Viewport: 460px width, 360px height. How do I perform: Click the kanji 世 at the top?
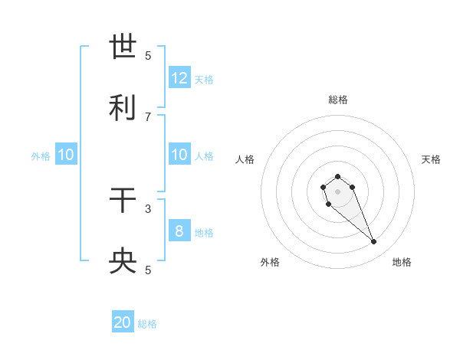tap(123, 47)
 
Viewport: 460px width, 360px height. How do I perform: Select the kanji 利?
tap(123, 108)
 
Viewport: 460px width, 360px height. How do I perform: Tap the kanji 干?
tap(123, 201)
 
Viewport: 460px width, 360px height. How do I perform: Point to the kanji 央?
tap(123, 262)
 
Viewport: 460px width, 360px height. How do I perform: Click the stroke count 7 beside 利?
tap(148, 116)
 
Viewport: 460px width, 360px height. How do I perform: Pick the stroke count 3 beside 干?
tap(148, 208)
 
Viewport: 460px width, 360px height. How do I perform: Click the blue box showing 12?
tap(179, 78)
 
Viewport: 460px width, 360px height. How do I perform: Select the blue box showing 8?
tap(179, 231)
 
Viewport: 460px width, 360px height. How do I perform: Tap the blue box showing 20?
tap(123, 323)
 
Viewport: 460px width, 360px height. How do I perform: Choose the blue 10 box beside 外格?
tap(66, 155)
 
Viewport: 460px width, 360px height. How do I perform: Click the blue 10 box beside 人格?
tap(179, 155)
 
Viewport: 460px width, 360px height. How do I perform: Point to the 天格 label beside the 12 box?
tap(204, 79)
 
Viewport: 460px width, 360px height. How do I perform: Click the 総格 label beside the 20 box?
tap(147, 324)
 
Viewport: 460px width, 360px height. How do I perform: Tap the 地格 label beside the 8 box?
tap(204, 232)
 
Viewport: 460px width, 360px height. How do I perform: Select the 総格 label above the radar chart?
tap(337, 100)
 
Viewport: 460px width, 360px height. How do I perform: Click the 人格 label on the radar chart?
tap(245, 159)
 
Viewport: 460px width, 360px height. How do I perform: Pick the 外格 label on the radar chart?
tap(270, 262)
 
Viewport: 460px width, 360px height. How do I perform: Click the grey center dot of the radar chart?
tap(337, 191)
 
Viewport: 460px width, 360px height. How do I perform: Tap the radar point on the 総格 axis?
tap(337, 176)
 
